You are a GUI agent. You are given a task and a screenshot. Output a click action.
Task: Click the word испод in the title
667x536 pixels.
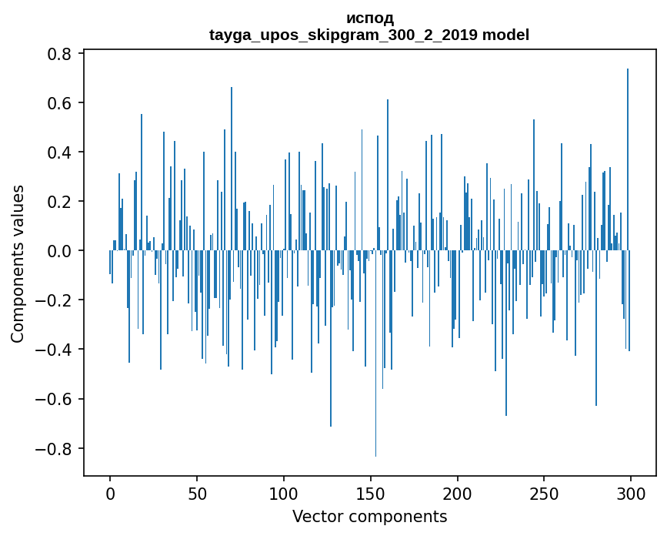pos(369,18)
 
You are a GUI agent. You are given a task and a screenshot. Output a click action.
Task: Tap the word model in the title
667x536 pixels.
pos(505,35)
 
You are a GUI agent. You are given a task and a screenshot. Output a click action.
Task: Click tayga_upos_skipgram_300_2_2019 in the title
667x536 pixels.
pos(344,35)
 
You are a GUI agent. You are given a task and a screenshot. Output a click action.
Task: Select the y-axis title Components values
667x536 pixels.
pos(18,263)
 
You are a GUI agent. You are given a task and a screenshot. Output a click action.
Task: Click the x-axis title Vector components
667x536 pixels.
pos(369,516)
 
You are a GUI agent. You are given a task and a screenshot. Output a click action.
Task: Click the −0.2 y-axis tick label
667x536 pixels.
pos(56,300)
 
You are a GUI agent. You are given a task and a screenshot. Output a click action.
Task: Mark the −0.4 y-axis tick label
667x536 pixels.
pos(56,350)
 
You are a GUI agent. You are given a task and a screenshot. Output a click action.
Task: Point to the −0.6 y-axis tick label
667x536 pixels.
pos(56,399)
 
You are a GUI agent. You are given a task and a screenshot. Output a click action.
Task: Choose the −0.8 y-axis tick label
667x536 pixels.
pos(56,448)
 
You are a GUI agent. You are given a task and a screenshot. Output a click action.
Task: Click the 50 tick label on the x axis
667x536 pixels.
pos(197,493)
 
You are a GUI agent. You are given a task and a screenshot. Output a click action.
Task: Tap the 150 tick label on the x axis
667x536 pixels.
pos(371,493)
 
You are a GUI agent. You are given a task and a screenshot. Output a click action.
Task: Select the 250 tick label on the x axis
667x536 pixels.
pos(544,493)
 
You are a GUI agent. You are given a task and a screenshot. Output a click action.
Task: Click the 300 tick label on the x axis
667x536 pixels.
pos(631,493)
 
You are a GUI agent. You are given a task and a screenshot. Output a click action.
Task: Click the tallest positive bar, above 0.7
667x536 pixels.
pos(628,154)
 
